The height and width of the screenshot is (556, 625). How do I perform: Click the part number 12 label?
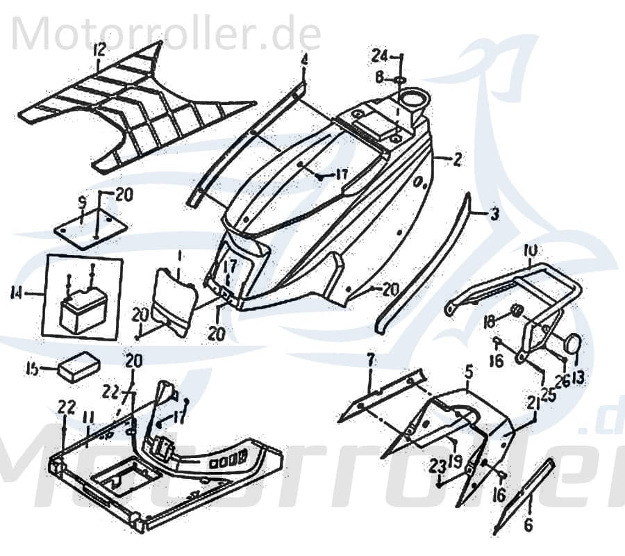99,50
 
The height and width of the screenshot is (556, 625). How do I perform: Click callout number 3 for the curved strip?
494,215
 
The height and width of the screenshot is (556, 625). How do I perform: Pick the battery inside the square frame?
83,311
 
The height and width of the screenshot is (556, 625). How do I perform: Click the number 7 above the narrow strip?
370,360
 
